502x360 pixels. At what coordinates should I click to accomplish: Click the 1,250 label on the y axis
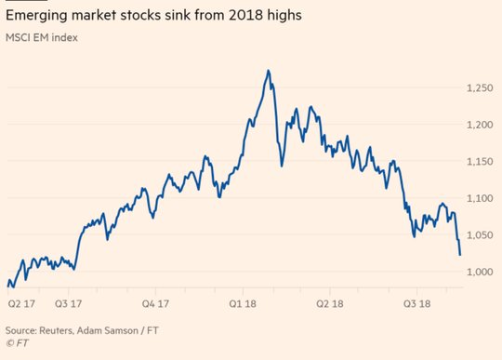click(x=480, y=87)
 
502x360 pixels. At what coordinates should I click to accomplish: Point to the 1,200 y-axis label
click(x=480, y=125)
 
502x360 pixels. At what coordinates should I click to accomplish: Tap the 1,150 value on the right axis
click(x=480, y=162)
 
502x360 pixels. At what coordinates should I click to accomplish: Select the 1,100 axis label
click(x=480, y=198)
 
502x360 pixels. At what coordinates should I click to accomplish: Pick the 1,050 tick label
click(x=480, y=235)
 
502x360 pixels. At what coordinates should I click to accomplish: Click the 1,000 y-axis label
click(x=480, y=272)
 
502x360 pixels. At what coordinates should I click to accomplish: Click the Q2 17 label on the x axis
click(x=21, y=303)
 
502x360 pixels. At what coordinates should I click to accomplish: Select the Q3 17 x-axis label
click(x=68, y=303)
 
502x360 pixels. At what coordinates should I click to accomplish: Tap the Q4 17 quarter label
click(x=155, y=303)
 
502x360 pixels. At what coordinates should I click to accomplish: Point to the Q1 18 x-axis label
click(x=243, y=303)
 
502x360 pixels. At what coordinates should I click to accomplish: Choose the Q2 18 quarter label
click(x=330, y=303)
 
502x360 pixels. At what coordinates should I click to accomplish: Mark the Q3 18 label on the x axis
click(x=416, y=303)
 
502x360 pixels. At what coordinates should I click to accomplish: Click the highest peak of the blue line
click(x=269, y=70)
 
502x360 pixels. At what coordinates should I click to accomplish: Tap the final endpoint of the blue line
click(x=460, y=255)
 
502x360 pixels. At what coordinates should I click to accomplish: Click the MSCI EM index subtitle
click(x=42, y=37)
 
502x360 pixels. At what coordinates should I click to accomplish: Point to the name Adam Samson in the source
click(x=108, y=330)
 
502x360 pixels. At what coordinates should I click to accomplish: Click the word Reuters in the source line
click(x=56, y=330)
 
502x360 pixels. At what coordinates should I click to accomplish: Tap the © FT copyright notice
click(x=17, y=343)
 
